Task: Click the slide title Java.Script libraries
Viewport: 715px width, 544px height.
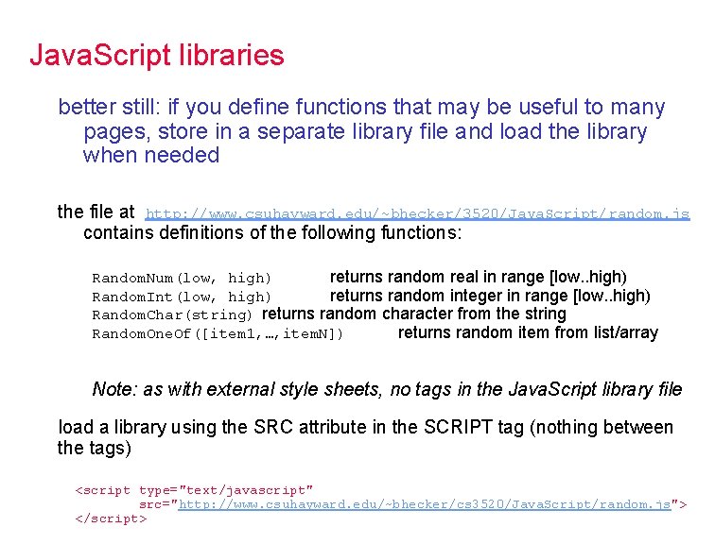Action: click(x=156, y=55)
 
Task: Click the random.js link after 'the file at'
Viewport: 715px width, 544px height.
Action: click(x=417, y=214)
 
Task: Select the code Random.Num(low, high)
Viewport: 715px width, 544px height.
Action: click(x=182, y=278)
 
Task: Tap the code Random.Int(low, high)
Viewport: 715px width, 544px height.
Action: click(x=182, y=297)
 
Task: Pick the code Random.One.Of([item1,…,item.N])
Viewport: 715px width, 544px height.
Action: click(x=218, y=333)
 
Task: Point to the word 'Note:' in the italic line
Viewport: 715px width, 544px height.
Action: click(x=113, y=389)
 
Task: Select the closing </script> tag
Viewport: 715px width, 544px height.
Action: click(x=111, y=518)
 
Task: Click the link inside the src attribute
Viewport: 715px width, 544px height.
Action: click(x=425, y=504)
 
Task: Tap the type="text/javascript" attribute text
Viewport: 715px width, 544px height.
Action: click(x=225, y=490)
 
